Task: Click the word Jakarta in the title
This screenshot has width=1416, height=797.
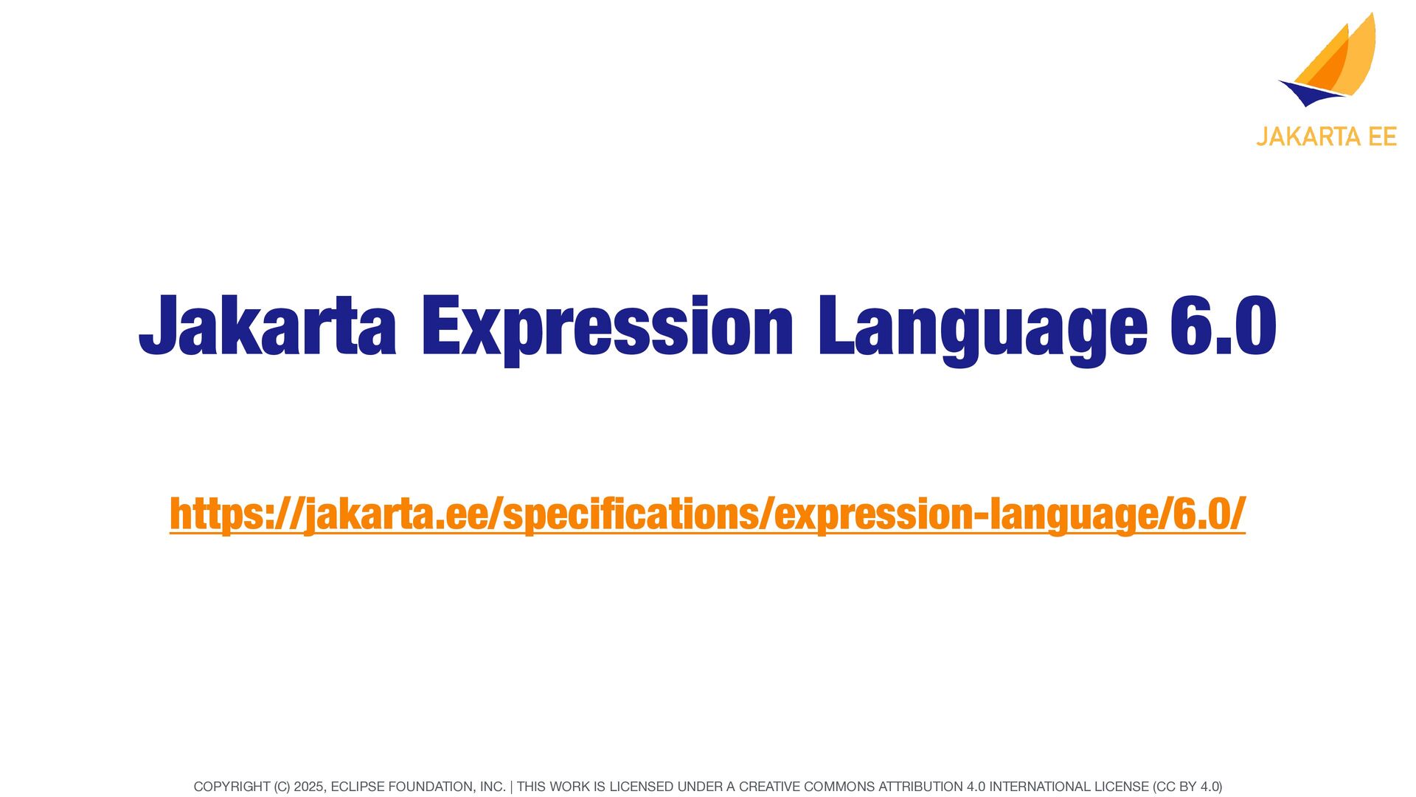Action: click(268, 325)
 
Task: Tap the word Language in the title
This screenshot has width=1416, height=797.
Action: click(982, 330)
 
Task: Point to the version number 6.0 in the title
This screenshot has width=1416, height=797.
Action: click(1224, 325)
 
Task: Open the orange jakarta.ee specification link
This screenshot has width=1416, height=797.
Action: click(707, 514)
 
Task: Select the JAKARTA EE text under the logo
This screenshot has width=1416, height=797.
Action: click(1326, 137)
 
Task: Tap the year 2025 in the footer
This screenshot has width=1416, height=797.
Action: click(308, 787)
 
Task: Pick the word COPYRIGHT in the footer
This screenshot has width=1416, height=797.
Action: click(232, 787)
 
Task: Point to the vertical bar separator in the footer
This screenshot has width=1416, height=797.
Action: click(511, 787)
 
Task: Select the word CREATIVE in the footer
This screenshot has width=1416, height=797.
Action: click(770, 787)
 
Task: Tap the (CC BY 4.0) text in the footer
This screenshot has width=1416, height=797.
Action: click(1187, 787)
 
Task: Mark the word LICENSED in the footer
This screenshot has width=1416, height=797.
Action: click(642, 787)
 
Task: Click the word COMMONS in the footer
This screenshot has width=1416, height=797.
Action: click(839, 787)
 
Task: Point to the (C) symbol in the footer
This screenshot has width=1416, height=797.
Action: click(282, 787)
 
